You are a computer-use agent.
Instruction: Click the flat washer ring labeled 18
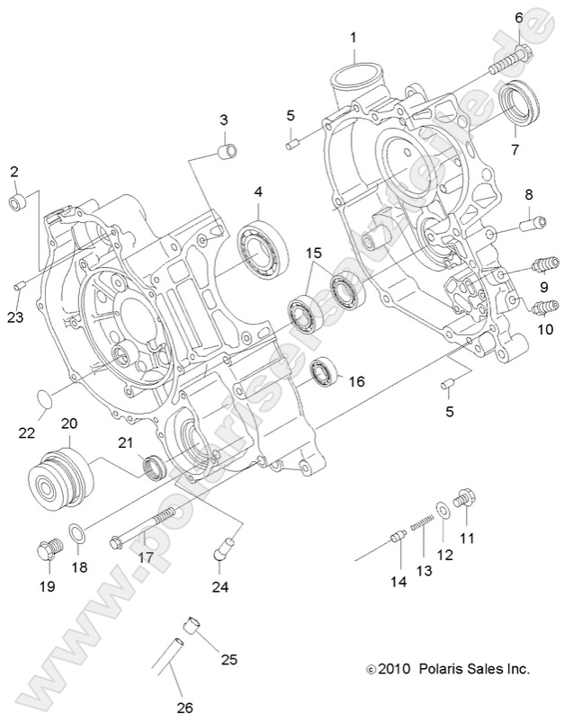click(78, 537)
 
